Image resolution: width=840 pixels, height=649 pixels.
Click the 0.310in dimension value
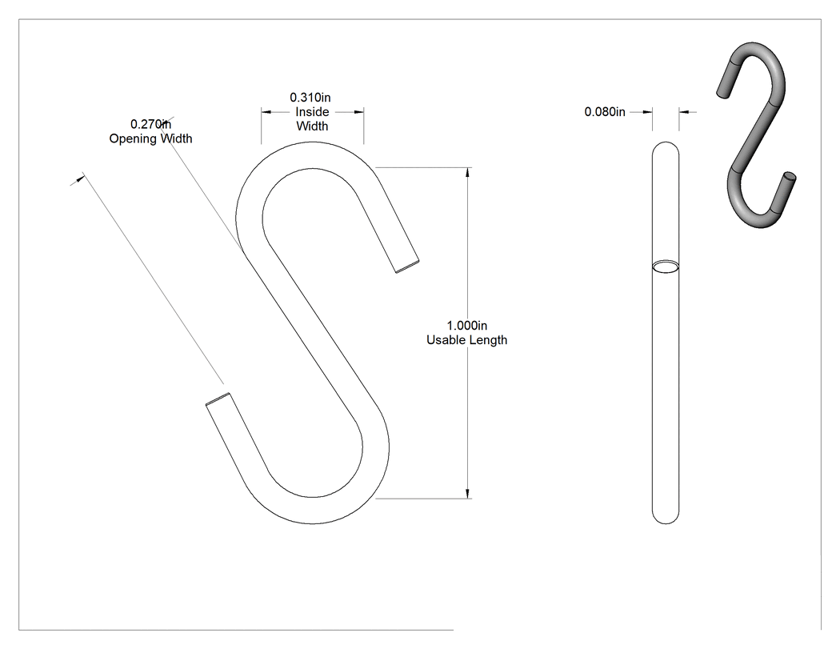tap(310, 98)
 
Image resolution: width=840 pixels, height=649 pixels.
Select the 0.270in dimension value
tap(150, 124)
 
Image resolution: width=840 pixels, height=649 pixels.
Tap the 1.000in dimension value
tap(466, 326)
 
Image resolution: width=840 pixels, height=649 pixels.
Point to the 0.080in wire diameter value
tap(604, 111)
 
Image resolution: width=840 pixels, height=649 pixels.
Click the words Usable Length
tap(466, 340)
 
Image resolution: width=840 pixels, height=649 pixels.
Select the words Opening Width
tap(150, 138)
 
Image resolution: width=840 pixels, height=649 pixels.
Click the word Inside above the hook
tap(312, 111)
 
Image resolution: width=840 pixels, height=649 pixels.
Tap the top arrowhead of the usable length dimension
tap(468, 172)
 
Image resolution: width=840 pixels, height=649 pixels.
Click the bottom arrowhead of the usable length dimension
tap(468, 494)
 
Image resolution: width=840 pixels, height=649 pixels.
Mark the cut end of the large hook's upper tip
tap(407, 267)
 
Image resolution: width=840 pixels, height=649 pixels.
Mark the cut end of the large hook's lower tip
tap(218, 399)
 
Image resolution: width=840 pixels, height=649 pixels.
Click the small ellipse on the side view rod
tap(666, 267)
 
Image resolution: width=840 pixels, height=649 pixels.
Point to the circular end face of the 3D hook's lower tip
tap(790, 176)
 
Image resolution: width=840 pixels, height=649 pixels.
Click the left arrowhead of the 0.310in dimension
tap(266, 112)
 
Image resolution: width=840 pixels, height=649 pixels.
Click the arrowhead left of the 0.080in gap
tap(648, 112)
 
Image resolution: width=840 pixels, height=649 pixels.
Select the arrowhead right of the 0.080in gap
tap(684, 112)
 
